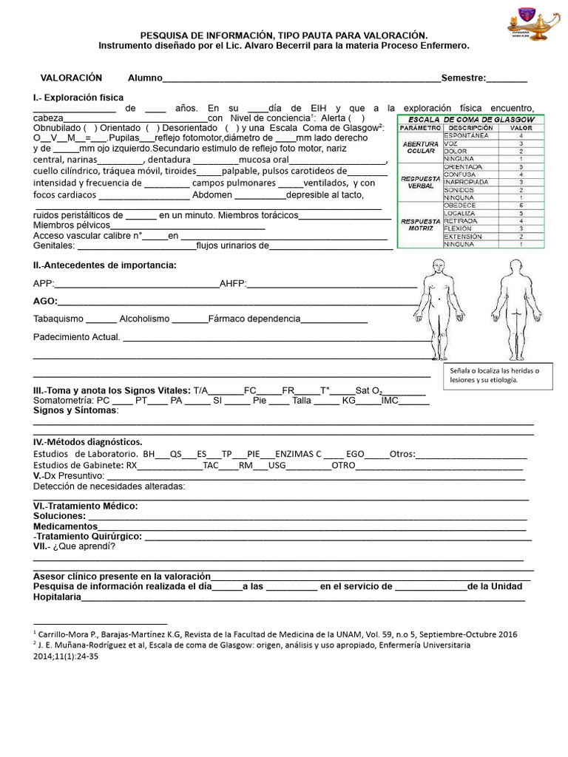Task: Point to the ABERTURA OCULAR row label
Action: (x=420, y=147)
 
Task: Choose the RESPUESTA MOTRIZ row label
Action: (x=420, y=225)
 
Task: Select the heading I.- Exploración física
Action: (x=78, y=98)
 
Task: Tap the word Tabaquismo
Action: (x=58, y=319)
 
